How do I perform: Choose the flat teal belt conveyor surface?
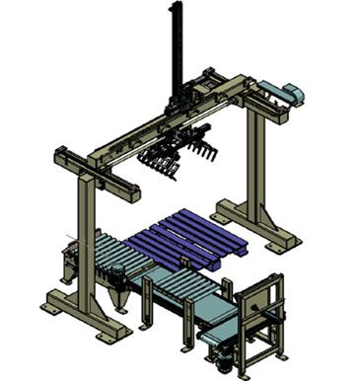(x=213, y=311)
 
